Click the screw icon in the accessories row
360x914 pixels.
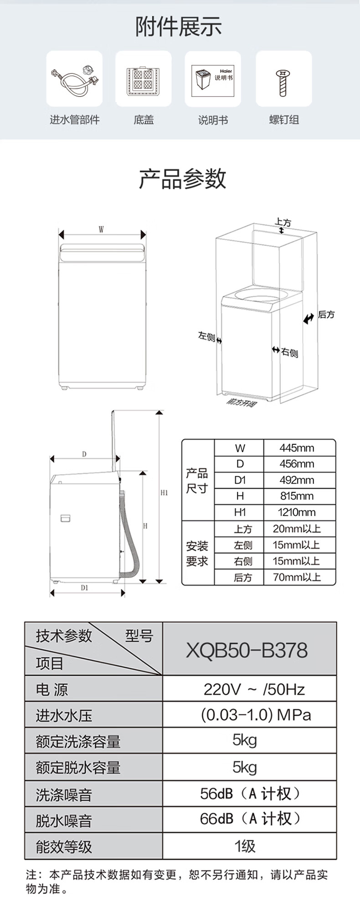(283, 82)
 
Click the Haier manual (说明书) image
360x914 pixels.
(213, 79)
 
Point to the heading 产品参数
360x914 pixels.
(182, 178)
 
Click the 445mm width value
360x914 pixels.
(297, 448)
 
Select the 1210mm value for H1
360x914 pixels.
(297, 512)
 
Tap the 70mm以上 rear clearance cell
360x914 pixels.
(297, 577)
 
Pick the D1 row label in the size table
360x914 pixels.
(240, 480)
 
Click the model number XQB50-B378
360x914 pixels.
(247, 650)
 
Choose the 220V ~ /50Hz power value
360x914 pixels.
(254, 689)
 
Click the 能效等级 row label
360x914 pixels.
(64, 847)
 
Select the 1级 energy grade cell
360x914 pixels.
(245, 846)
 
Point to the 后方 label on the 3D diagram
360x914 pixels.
(326, 315)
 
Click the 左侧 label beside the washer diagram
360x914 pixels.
(206, 336)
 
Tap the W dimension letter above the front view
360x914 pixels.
(101, 230)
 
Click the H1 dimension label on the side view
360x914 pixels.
(164, 493)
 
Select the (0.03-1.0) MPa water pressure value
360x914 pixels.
(256, 714)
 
